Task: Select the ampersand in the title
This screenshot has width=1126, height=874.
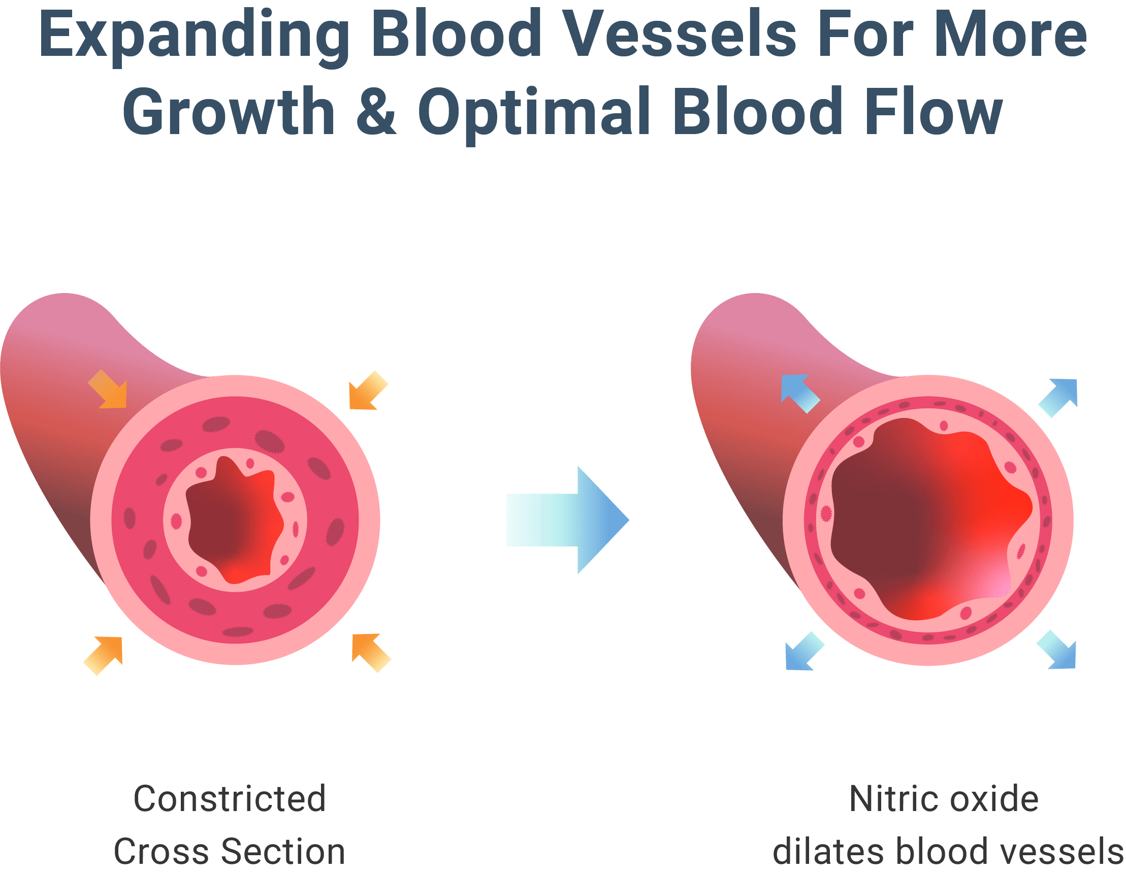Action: [376, 111]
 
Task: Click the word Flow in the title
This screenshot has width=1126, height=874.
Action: [933, 111]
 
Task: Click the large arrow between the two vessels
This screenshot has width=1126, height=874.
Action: [567, 520]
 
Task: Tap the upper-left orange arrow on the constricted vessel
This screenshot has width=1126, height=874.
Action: [108, 390]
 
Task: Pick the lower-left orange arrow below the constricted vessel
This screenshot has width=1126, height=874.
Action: [104, 655]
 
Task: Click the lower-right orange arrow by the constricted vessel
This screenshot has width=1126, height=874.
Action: [371, 653]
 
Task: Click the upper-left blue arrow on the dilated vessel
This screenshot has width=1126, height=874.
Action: [799, 394]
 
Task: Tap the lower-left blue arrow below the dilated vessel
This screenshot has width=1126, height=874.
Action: [804, 651]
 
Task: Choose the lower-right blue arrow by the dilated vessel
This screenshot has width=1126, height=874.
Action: [1057, 650]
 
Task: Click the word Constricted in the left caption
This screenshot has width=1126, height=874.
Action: [230, 799]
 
